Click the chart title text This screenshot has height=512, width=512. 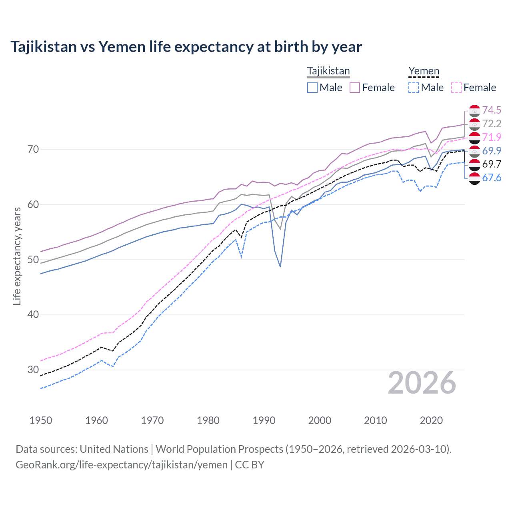tap(186, 47)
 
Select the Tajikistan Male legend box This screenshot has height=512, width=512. tap(312, 88)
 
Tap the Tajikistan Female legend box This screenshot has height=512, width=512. tap(355, 88)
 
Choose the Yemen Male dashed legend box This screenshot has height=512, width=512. tap(414, 88)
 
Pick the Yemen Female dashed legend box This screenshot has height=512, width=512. tap(456, 88)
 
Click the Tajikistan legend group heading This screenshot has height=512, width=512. tap(328, 71)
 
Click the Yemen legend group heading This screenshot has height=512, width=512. tap(424, 71)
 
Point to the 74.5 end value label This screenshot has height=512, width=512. tap(492, 110)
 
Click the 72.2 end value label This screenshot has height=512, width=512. tap(492, 124)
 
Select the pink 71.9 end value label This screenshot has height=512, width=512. tap(492, 137)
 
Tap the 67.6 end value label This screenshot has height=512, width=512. tap(492, 178)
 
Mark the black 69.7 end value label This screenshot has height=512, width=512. tap(492, 164)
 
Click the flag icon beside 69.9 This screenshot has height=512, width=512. tap(474, 151)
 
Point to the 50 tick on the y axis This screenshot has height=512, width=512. tap(33, 260)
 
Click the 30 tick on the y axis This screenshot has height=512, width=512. tap(33, 370)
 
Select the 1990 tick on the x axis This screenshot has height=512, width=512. tap(264, 420)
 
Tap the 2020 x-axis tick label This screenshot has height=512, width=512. tap(431, 420)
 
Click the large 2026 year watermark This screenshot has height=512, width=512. tap(422, 383)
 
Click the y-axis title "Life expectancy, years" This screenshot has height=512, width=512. tap(17, 256)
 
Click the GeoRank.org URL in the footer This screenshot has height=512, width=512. tap(122, 465)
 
